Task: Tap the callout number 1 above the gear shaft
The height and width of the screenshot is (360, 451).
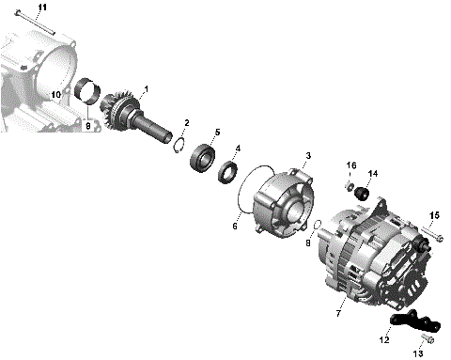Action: click(146, 89)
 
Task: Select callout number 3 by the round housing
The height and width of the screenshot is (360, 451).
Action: click(307, 155)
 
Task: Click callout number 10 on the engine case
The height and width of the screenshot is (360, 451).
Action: click(55, 95)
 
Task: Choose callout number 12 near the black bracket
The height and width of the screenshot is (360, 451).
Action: click(382, 339)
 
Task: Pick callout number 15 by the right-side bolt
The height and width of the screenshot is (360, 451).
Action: click(434, 215)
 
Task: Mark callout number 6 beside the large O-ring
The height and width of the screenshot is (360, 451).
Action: click(235, 227)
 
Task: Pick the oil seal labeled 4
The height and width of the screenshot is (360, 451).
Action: click(226, 171)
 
